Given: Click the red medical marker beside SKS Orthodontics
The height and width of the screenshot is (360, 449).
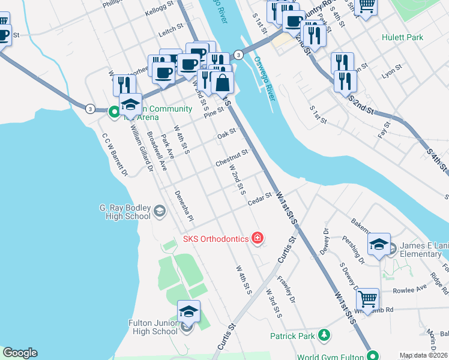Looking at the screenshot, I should (258, 239).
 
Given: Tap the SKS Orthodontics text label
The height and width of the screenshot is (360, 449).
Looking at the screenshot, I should (215, 239).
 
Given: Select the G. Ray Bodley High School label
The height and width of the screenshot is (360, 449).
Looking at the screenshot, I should (125, 212).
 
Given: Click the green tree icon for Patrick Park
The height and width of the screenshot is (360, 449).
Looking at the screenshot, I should (324, 334).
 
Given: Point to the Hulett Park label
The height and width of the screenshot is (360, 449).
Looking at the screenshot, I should (402, 37).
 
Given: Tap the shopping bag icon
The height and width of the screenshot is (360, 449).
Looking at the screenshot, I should (222, 83).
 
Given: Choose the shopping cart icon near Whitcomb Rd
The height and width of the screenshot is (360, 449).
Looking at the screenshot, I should (367, 298).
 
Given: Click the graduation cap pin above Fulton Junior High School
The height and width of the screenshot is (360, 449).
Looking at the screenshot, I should (188, 311).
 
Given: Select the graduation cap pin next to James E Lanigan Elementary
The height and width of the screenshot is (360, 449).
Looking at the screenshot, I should (379, 244).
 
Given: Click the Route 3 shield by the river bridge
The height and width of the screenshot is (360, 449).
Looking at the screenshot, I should (238, 55).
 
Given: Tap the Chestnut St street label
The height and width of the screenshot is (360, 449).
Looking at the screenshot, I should (232, 159).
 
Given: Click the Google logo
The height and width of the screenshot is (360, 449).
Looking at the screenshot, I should (20, 353).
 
